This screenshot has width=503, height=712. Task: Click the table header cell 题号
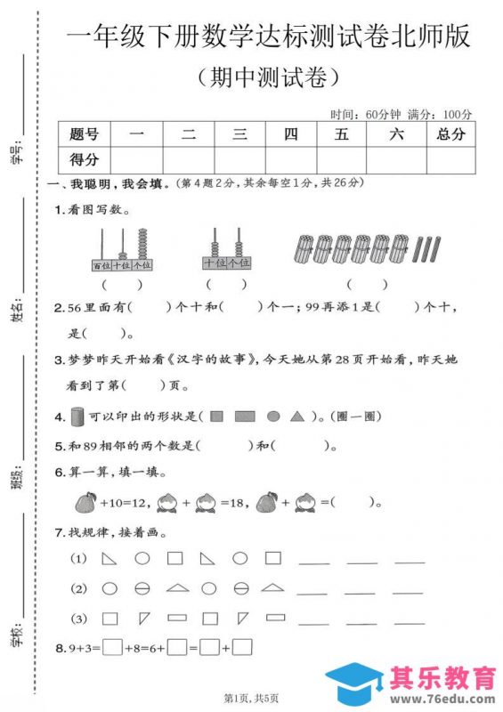tap(84, 134)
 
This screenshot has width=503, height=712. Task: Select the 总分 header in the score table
tap(450, 134)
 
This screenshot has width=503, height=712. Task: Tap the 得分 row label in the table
tap(84, 159)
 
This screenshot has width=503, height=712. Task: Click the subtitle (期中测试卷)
tap(266, 78)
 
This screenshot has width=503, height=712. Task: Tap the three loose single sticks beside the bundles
tap(430, 249)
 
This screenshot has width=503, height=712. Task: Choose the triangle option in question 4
tap(297, 416)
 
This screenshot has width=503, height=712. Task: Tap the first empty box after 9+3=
tap(112, 648)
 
